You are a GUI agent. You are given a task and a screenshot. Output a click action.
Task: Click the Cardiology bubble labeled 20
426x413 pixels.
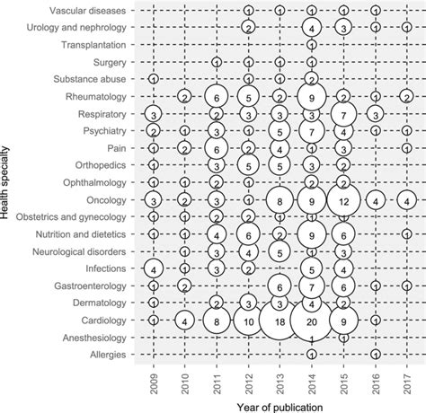(311, 321)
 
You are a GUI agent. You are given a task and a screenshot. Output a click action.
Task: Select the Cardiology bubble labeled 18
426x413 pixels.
(280, 321)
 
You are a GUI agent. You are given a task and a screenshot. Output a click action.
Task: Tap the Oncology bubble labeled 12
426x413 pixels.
(343, 199)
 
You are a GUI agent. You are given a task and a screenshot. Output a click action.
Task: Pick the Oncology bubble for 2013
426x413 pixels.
(280, 199)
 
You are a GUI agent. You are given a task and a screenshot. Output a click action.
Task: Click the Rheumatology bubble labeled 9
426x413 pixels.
(311, 97)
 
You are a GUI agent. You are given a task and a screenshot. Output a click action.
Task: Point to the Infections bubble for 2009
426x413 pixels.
(154, 268)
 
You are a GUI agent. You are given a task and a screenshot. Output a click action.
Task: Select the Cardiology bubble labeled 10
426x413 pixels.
(248, 321)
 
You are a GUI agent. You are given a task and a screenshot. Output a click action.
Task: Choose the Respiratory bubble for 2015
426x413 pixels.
(343, 114)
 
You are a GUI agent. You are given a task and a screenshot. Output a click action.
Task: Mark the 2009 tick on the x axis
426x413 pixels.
(154, 377)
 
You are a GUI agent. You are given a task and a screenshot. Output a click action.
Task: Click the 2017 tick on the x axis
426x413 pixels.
(407, 377)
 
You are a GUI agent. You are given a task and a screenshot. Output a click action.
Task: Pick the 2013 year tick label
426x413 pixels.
(280, 377)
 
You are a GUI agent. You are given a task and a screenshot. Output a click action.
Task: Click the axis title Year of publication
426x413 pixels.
(280, 404)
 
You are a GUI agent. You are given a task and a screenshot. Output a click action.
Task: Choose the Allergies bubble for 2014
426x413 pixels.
(311, 355)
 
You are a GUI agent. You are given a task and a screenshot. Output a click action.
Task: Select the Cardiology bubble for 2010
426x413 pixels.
(185, 321)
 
